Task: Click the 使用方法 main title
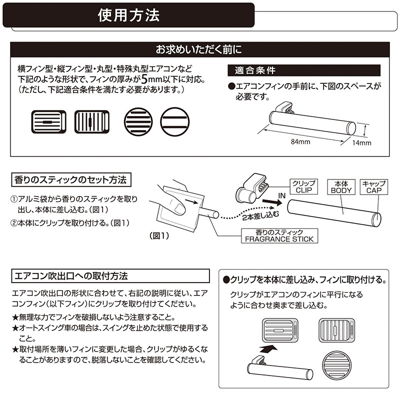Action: tap(128, 15)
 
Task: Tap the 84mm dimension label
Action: tap(300, 142)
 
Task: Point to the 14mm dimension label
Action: tap(361, 143)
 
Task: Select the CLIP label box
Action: tap(304, 186)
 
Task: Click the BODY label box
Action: tap(341, 187)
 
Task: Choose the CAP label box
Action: tap(373, 187)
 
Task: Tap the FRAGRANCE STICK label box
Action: tap(279, 235)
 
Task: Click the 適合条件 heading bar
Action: tap(304, 70)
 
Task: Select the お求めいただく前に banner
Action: tap(199, 49)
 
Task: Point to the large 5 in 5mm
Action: tap(144, 79)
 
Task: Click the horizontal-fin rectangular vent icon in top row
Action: tap(48, 122)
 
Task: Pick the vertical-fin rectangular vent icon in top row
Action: tap(92, 122)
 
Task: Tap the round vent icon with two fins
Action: tap(174, 122)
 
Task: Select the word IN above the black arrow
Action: tap(281, 195)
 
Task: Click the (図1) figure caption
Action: tap(159, 235)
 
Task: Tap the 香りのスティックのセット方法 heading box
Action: tap(71, 180)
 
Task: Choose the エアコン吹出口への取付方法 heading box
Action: tap(110, 276)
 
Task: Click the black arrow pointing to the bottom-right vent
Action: tap(268, 348)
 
